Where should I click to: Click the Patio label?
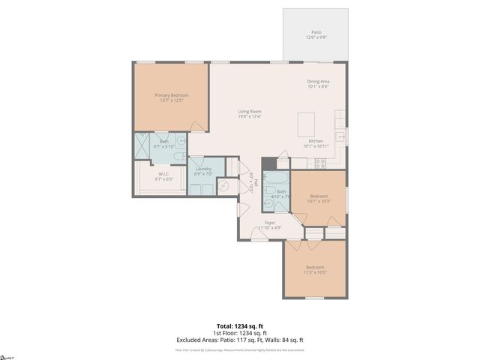[x=315, y=34]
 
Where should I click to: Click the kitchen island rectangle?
[x=307, y=122]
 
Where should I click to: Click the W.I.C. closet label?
[x=163, y=176]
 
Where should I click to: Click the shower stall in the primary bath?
[x=142, y=145]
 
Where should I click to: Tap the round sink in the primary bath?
[x=181, y=139]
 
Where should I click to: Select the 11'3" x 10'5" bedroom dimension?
[x=315, y=273]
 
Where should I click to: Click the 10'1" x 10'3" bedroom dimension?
[x=319, y=201]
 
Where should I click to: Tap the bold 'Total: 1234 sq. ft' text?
[x=239, y=326]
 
